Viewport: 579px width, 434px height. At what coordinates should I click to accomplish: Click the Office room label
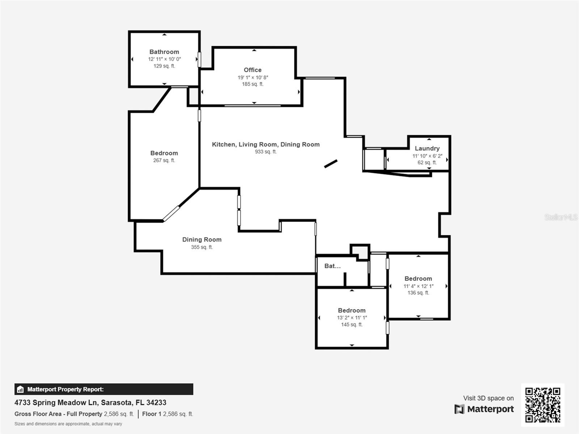click(253, 70)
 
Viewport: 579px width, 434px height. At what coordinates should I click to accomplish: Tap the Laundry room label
click(427, 148)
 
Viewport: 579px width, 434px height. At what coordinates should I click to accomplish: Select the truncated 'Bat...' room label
click(332, 266)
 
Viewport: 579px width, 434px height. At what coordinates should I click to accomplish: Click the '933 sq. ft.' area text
click(266, 152)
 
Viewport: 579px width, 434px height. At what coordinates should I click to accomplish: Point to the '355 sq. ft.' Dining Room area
click(202, 247)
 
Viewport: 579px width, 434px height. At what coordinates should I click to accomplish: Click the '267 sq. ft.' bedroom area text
click(164, 160)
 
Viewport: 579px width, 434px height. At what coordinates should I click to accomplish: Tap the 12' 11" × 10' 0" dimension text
click(164, 59)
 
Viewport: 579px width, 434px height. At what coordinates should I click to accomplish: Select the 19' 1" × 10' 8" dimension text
click(253, 77)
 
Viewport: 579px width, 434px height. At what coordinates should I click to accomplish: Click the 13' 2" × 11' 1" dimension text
click(352, 318)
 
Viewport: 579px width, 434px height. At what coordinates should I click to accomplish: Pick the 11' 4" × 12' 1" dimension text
click(418, 286)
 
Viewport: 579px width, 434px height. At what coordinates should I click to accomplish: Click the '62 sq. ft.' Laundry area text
click(427, 162)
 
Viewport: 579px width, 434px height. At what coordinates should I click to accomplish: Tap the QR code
click(542, 405)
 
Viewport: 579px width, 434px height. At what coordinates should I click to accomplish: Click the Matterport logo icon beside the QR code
click(459, 409)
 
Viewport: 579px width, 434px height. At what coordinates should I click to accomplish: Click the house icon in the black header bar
click(20, 389)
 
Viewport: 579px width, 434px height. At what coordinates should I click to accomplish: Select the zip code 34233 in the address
click(156, 403)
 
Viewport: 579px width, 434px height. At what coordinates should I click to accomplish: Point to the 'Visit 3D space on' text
click(488, 398)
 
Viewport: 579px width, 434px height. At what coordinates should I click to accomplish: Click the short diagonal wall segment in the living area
click(331, 163)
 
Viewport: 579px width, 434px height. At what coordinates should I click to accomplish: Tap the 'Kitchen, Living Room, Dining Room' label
click(266, 144)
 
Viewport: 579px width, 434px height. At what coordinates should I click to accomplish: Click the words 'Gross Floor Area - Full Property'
click(58, 414)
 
